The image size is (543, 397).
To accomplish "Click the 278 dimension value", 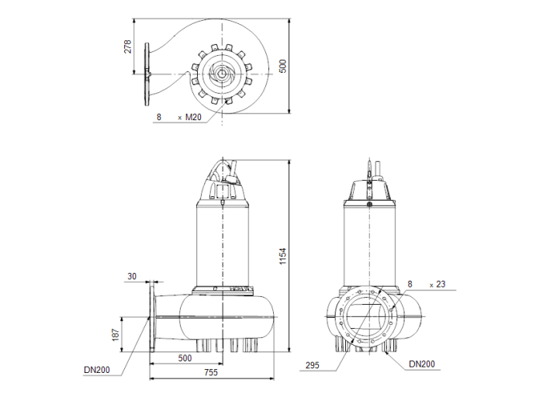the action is tap(128, 47).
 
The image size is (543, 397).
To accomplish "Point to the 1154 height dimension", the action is tap(283, 257).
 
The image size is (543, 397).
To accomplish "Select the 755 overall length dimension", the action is tap(211, 372).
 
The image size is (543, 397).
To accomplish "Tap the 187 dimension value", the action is tap(116, 335).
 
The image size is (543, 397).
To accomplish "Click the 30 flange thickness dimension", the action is tap(132, 276).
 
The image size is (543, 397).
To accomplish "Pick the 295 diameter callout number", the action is tap(313, 365).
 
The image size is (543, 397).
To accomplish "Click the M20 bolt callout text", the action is tap(193, 117).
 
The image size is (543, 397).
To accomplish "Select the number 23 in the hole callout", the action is tap(441, 284).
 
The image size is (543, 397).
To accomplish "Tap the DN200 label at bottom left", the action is tap(97, 370).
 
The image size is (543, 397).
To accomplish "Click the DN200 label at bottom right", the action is tap(422, 364).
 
